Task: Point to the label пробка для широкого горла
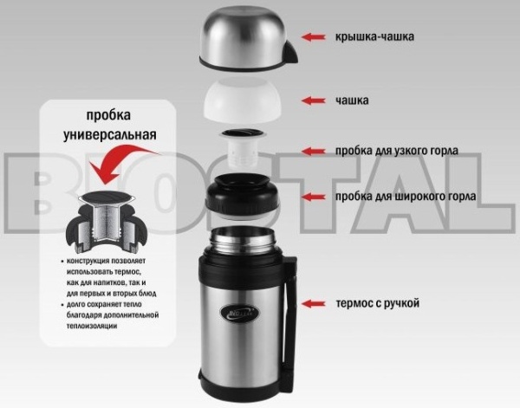click(x=406, y=197)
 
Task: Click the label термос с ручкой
click(x=377, y=303)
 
